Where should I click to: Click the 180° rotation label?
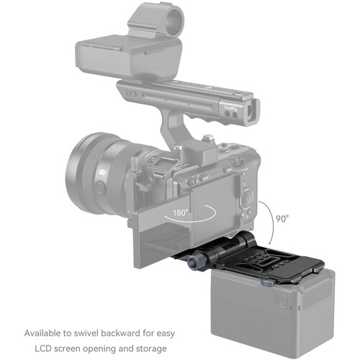[181, 212]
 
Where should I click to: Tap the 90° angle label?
[282, 219]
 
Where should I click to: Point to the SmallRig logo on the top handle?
[230, 108]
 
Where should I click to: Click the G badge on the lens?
[102, 172]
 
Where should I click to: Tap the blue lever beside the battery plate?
[267, 282]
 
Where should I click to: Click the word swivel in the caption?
[86, 333]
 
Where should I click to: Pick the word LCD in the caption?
[43, 348]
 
